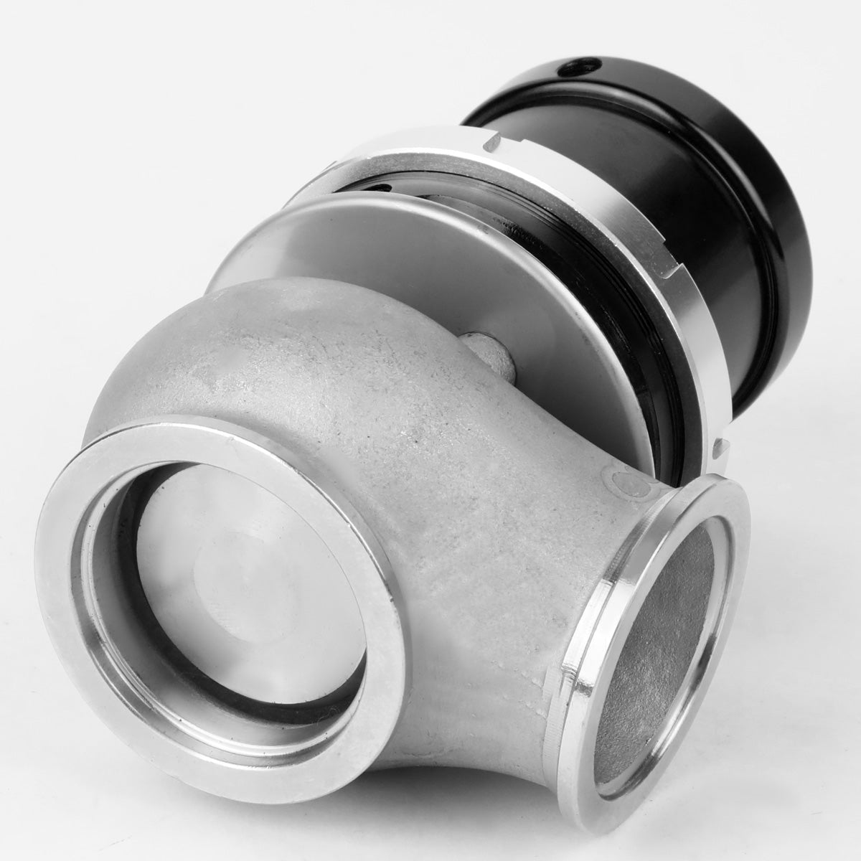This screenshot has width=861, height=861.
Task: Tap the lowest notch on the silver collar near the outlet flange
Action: click(720, 448)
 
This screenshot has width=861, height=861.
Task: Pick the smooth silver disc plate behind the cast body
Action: click(402, 251)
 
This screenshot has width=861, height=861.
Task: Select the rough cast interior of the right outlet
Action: click(646, 646)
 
